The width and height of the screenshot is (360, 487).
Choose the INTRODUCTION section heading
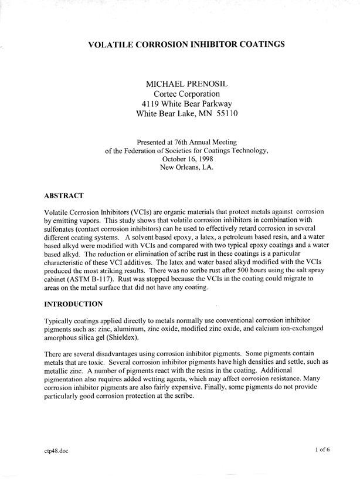point(73,303)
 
